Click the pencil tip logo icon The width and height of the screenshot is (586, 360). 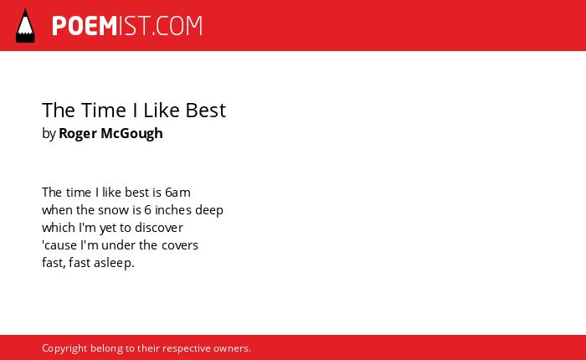tap(25, 26)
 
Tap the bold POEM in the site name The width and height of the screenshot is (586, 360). tap(85, 26)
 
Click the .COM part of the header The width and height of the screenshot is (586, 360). tap(177, 26)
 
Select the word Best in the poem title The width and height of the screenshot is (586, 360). tap(206, 111)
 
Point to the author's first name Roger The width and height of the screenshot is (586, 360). tap(78, 134)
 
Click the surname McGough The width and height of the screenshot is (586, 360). tap(132, 134)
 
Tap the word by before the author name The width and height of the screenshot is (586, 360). tap(49, 134)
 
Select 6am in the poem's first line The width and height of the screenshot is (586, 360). tap(177, 193)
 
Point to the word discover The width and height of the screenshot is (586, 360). tap(159, 228)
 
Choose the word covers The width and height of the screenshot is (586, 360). tap(180, 245)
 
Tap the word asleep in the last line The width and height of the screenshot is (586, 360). tap(114, 263)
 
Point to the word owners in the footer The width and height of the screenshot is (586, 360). tap(232, 349)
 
